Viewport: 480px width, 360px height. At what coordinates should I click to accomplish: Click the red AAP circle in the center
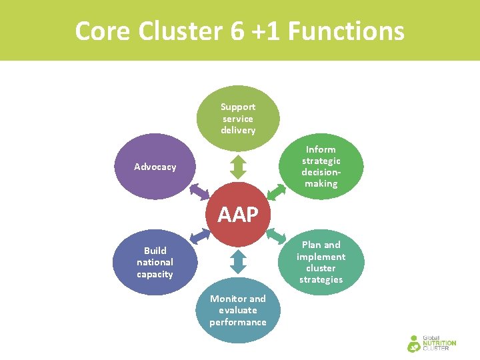238,213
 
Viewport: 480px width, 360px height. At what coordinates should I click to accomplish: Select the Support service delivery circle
238,118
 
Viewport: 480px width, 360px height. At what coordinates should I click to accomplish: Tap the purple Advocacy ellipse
155,167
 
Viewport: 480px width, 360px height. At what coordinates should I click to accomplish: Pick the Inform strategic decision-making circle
321,166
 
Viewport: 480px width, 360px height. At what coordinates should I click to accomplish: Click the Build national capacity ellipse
155,262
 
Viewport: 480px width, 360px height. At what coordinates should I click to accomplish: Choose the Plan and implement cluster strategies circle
321,262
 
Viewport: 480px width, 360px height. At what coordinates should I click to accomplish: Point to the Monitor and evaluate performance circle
238,310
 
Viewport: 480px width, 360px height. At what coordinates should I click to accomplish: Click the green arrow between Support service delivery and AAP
238,167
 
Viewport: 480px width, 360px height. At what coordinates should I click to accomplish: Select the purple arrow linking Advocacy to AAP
199,191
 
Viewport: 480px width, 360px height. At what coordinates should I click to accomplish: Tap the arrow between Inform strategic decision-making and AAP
277,191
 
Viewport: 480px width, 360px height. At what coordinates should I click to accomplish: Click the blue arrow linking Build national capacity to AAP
199,236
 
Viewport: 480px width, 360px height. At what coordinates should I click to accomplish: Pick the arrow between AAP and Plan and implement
276,235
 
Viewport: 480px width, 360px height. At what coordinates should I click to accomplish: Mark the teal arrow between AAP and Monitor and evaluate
238,261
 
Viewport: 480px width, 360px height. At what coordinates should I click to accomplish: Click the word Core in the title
101,31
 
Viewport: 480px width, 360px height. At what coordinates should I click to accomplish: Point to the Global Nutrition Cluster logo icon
414,343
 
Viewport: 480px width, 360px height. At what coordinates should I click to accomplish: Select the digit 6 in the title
238,31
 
